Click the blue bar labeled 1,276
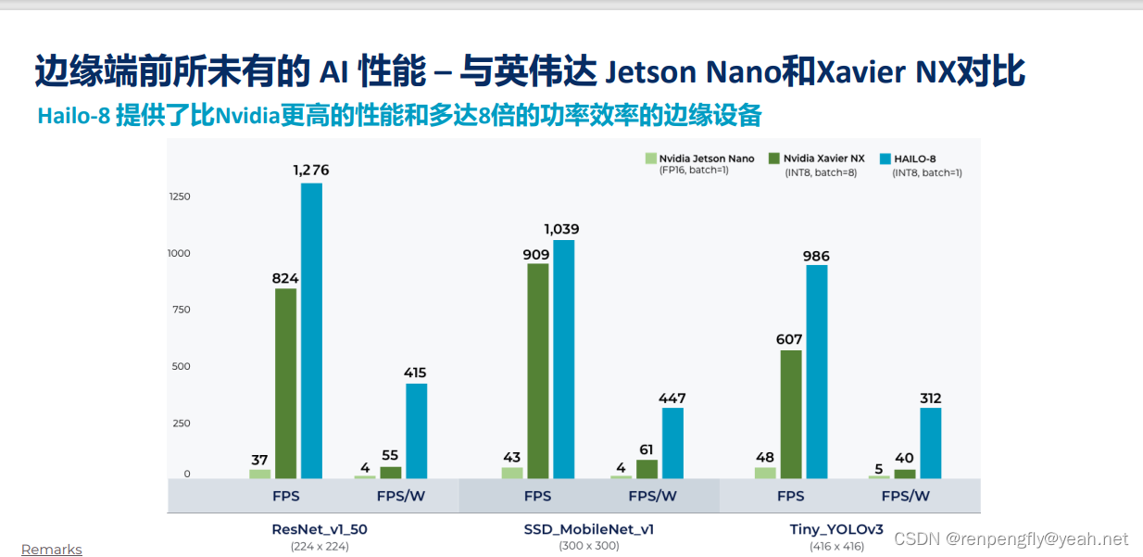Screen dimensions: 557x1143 [311, 330]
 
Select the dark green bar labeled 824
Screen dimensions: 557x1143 [285, 383]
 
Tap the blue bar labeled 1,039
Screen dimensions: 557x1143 [563, 359]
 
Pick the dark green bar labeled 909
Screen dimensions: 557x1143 [537, 371]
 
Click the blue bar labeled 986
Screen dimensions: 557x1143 [816, 372]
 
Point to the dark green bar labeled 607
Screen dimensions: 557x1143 [790, 413]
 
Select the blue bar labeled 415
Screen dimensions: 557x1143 [416, 430]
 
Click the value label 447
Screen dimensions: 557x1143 [672, 399]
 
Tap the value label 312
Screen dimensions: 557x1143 [929, 399]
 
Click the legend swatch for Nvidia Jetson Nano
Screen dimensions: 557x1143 [651, 158]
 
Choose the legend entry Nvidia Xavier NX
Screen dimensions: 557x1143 [823, 158]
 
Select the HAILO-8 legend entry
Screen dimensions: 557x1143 [913, 158]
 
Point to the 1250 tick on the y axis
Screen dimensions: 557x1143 [179, 196]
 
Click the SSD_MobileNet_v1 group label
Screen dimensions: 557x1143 [588, 530]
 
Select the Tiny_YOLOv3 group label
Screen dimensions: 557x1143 [836, 530]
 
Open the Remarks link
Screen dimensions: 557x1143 [52, 550]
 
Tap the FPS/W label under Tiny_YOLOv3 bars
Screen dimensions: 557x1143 [905, 496]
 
